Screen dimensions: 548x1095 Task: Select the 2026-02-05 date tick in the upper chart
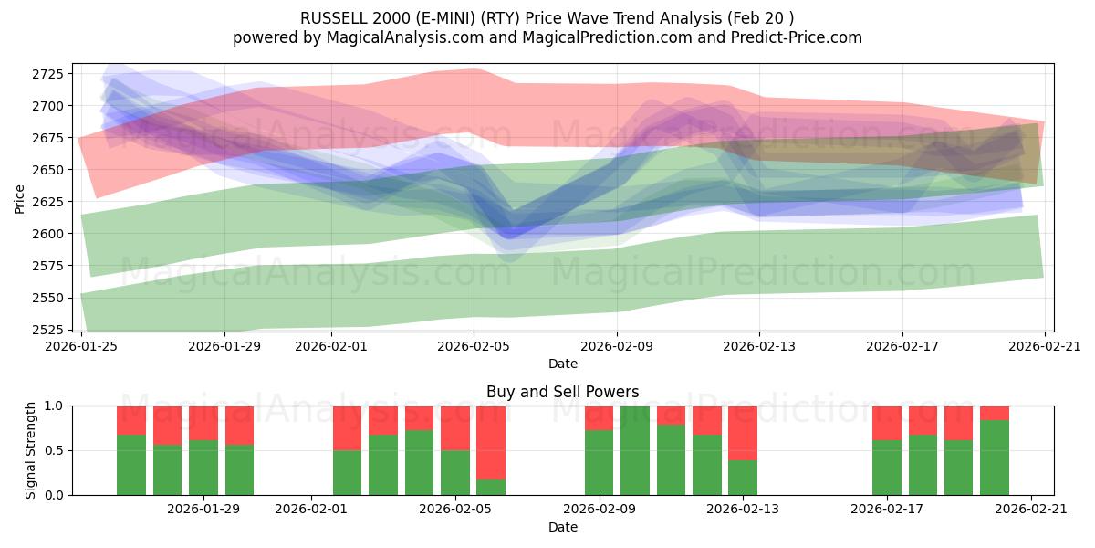click(474, 346)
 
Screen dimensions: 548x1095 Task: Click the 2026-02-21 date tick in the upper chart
click(1045, 346)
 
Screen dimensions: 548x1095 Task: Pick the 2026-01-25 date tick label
click(82, 346)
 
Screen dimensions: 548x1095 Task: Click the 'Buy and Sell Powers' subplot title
click(563, 392)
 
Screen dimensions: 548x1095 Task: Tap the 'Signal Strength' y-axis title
click(31, 449)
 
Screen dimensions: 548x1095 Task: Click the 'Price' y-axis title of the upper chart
click(20, 198)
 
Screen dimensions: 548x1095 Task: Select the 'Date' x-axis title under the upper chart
click(563, 364)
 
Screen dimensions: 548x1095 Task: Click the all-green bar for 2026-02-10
click(635, 450)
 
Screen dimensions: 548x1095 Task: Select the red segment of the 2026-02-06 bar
click(491, 442)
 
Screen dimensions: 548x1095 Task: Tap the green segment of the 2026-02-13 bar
click(743, 478)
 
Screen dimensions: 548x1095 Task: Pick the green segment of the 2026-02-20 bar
click(995, 458)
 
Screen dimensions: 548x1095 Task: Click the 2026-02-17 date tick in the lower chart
click(887, 510)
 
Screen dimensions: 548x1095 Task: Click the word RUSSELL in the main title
click(334, 18)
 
